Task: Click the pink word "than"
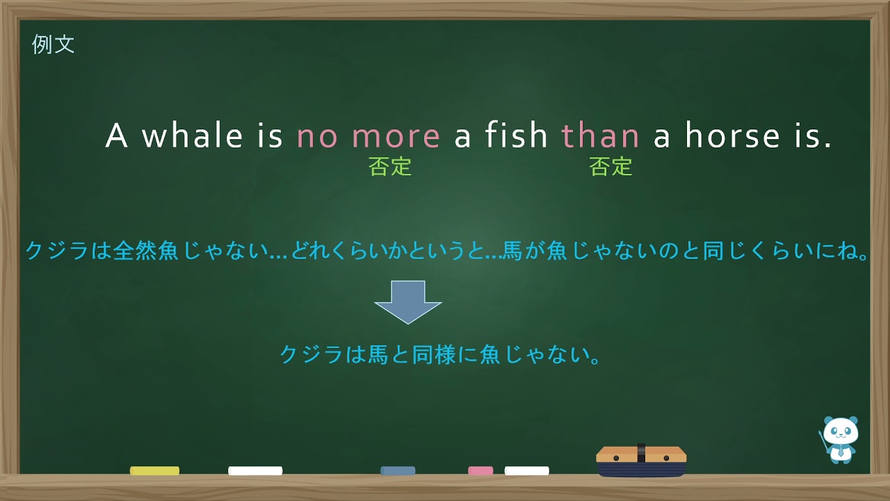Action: pos(600,136)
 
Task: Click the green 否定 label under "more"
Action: pos(390,167)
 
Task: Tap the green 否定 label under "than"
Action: pos(610,167)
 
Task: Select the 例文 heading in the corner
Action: pos(54,45)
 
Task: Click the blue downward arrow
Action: pos(408,301)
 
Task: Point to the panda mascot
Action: pos(840,439)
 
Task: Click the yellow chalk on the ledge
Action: pos(154,471)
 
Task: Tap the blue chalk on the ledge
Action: pos(398,471)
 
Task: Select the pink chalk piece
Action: pos(480,471)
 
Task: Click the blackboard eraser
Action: pos(641,461)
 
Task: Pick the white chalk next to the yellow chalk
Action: pos(255,471)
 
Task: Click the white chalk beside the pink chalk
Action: pos(526,471)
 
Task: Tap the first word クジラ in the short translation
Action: pos(302,355)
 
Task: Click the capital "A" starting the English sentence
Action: pos(116,136)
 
